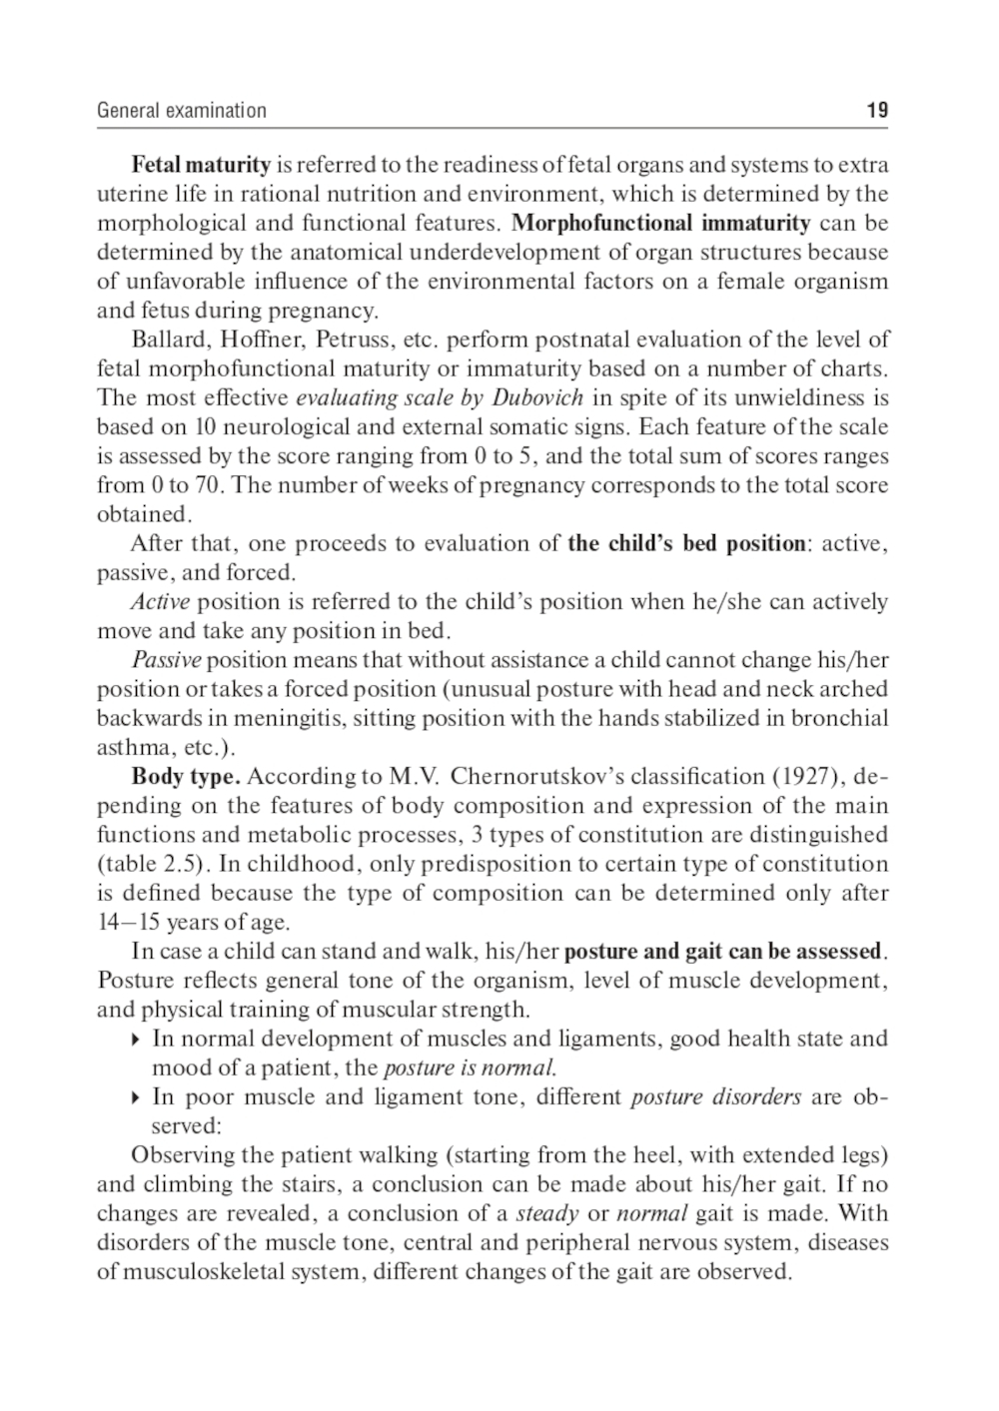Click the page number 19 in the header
877,110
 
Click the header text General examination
182,111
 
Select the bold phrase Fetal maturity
201,165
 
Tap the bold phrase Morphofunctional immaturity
660,223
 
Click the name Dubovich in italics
537,398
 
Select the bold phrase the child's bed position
686,544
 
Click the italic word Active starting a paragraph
161,602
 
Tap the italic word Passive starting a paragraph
166,660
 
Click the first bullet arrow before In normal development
136,1041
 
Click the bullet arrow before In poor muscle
136,1098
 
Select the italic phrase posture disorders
715,1097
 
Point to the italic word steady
547,1214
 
